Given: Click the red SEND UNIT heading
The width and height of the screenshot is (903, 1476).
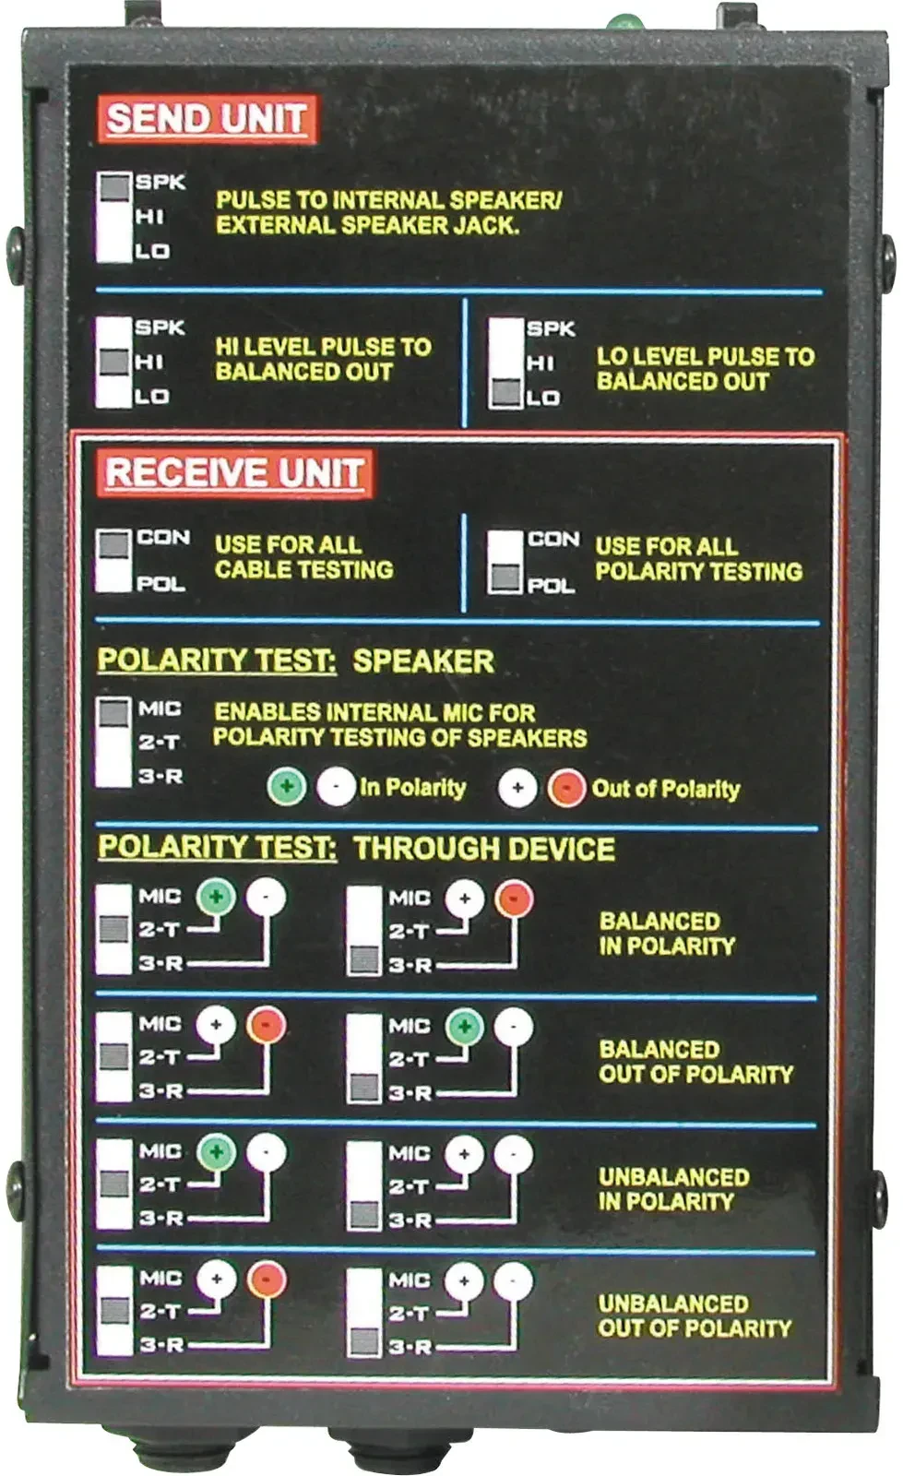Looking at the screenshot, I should (207, 119).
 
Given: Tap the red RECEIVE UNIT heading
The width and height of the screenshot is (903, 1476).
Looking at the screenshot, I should (234, 472).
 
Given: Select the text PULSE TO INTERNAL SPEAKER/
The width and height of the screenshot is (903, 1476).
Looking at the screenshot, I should (388, 200).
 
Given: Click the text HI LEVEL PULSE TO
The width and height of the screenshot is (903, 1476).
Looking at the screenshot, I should (323, 347).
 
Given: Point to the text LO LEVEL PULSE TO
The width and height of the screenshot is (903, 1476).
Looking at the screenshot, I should (705, 356).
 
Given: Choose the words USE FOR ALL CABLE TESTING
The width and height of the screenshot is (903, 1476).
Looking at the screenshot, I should (303, 557).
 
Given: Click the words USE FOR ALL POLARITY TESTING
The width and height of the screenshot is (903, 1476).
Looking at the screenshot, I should (698, 559).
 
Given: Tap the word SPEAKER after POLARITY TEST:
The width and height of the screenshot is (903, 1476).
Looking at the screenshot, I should (423, 661).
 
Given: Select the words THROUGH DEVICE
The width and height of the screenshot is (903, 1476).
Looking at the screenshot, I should (484, 849).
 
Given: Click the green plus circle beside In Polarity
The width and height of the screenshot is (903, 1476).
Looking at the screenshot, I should (287, 788).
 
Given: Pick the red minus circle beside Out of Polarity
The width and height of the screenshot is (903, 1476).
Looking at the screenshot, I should (566, 789).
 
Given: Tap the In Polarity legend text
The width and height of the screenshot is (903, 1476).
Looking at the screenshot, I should (412, 788).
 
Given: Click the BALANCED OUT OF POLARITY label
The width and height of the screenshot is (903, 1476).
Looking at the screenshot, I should (695, 1062).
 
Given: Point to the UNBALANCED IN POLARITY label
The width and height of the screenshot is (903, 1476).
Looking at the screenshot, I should (673, 1189).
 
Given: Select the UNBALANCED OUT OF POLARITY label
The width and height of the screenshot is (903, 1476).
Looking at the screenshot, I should (695, 1315).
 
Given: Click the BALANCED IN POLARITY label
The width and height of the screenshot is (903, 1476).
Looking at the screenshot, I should (667, 934).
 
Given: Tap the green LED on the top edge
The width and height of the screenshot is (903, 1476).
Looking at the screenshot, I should (625, 20).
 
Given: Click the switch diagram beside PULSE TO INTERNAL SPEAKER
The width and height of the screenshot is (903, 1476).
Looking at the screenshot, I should (115, 217).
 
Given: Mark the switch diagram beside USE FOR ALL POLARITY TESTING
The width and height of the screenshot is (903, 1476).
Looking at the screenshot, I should (505, 562).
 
